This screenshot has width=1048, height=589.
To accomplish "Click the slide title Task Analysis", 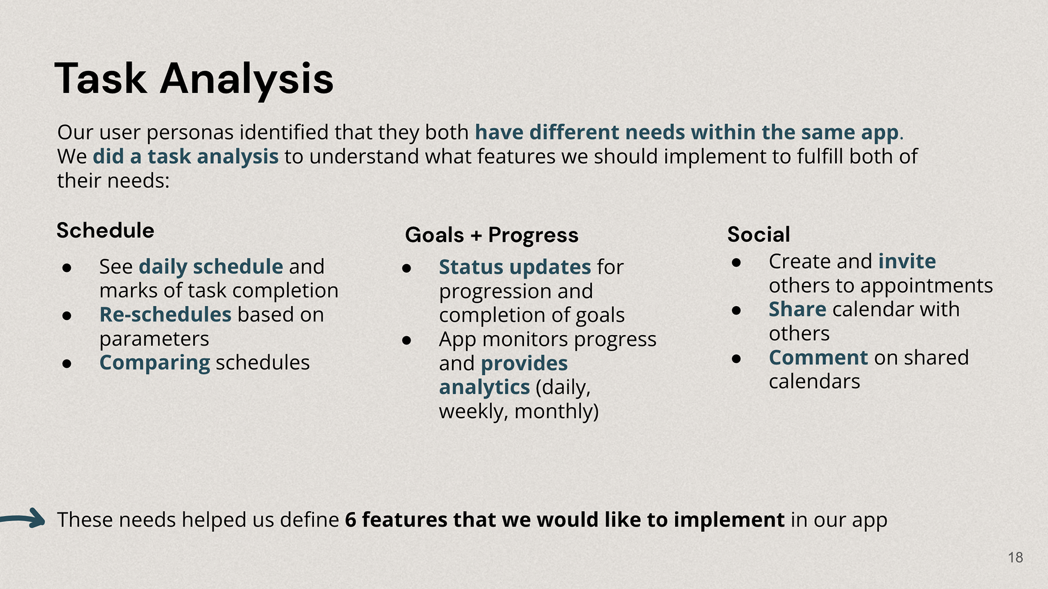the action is (x=194, y=80).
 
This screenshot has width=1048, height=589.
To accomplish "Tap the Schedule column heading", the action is (x=105, y=230).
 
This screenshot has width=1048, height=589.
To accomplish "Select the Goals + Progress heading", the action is (x=491, y=235).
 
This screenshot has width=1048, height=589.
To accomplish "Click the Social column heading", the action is (x=758, y=235).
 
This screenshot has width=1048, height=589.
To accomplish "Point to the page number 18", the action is (x=1015, y=557).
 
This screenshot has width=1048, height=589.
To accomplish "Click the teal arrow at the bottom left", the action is (x=22, y=519).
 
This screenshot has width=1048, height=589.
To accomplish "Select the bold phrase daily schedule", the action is (x=211, y=267).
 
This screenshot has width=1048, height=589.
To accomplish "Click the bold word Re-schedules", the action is (x=165, y=315).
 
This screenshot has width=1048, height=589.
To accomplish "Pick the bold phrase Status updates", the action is (x=515, y=267).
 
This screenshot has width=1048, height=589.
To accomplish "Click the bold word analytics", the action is (x=484, y=388).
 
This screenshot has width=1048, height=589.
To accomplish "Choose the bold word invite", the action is (x=907, y=261).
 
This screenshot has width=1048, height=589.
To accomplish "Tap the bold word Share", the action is (x=797, y=310).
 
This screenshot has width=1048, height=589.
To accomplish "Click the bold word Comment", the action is (x=818, y=358).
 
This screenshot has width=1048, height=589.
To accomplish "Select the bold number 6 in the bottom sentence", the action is (x=350, y=520).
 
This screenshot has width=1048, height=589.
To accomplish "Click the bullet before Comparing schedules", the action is (x=67, y=364).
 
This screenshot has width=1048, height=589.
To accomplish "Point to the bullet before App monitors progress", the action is (x=407, y=340).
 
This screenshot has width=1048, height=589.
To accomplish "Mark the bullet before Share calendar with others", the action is (x=736, y=311).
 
